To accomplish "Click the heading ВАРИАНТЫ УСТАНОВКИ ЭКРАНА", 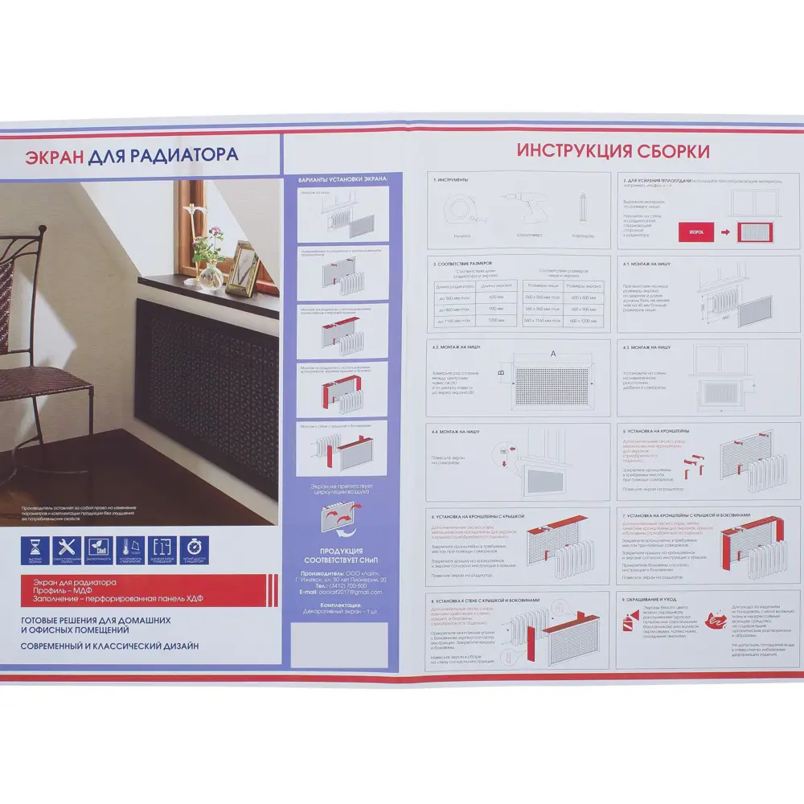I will (343, 178).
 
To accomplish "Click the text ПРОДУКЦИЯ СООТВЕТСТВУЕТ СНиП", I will (342, 554).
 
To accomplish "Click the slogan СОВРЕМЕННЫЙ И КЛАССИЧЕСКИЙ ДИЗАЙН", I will (109, 646).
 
